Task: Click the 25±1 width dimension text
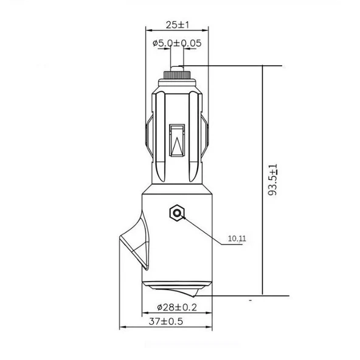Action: click(x=177, y=25)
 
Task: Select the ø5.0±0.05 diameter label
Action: click(x=177, y=43)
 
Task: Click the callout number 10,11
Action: click(x=237, y=239)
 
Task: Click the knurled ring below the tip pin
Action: click(x=177, y=75)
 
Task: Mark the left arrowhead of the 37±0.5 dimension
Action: click(x=122, y=328)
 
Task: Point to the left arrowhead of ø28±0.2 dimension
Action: click(x=145, y=315)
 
